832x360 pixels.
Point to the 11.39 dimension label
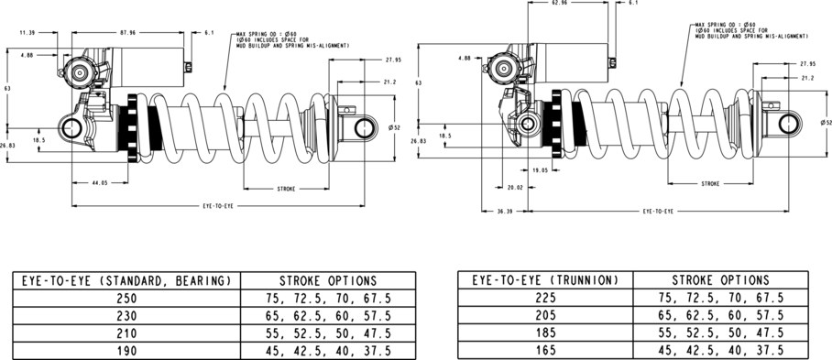point(27,32)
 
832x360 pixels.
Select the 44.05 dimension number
point(100,183)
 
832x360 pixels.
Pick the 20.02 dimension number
point(515,187)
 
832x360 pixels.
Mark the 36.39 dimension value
point(505,211)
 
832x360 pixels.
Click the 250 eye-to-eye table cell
point(126,299)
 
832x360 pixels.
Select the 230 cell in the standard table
point(126,316)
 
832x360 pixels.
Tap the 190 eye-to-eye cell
point(126,351)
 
